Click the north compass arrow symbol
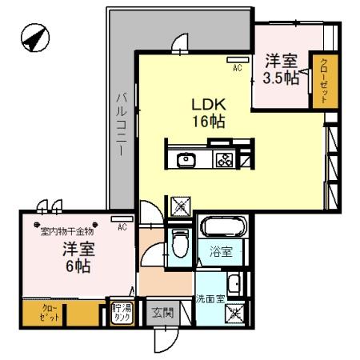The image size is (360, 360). click(x=35, y=38)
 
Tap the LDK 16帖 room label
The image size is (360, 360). click(x=209, y=113)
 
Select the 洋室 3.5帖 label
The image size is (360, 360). click(x=281, y=70)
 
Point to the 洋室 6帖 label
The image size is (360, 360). click(x=78, y=258)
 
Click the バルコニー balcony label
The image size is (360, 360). click(x=122, y=124)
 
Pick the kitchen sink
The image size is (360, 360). click(x=186, y=160)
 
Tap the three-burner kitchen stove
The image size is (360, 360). click(x=224, y=159)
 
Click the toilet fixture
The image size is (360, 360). click(x=180, y=242)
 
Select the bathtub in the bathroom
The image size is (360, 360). click(x=223, y=226)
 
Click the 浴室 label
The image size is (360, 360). click(x=221, y=251)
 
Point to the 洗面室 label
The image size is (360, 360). click(x=210, y=299)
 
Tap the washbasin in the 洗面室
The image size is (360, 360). click(x=234, y=283)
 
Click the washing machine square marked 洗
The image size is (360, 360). click(x=234, y=312)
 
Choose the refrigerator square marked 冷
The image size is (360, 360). click(x=181, y=206)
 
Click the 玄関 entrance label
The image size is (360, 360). click(x=163, y=313)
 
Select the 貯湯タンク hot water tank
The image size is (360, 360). click(x=122, y=313)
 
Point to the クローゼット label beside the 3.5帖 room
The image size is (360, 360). click(x=325, y=81)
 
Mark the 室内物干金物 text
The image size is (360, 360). click(x=67, y=231)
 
